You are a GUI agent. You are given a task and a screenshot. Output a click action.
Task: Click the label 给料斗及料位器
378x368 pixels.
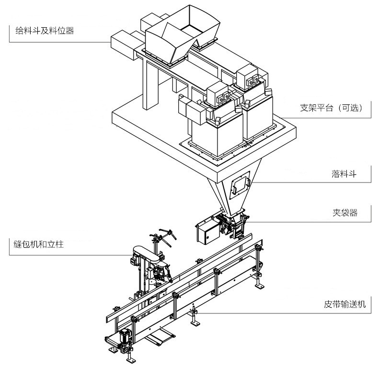pos(42,32)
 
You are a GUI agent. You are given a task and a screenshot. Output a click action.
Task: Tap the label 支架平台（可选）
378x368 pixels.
pos(335,108)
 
